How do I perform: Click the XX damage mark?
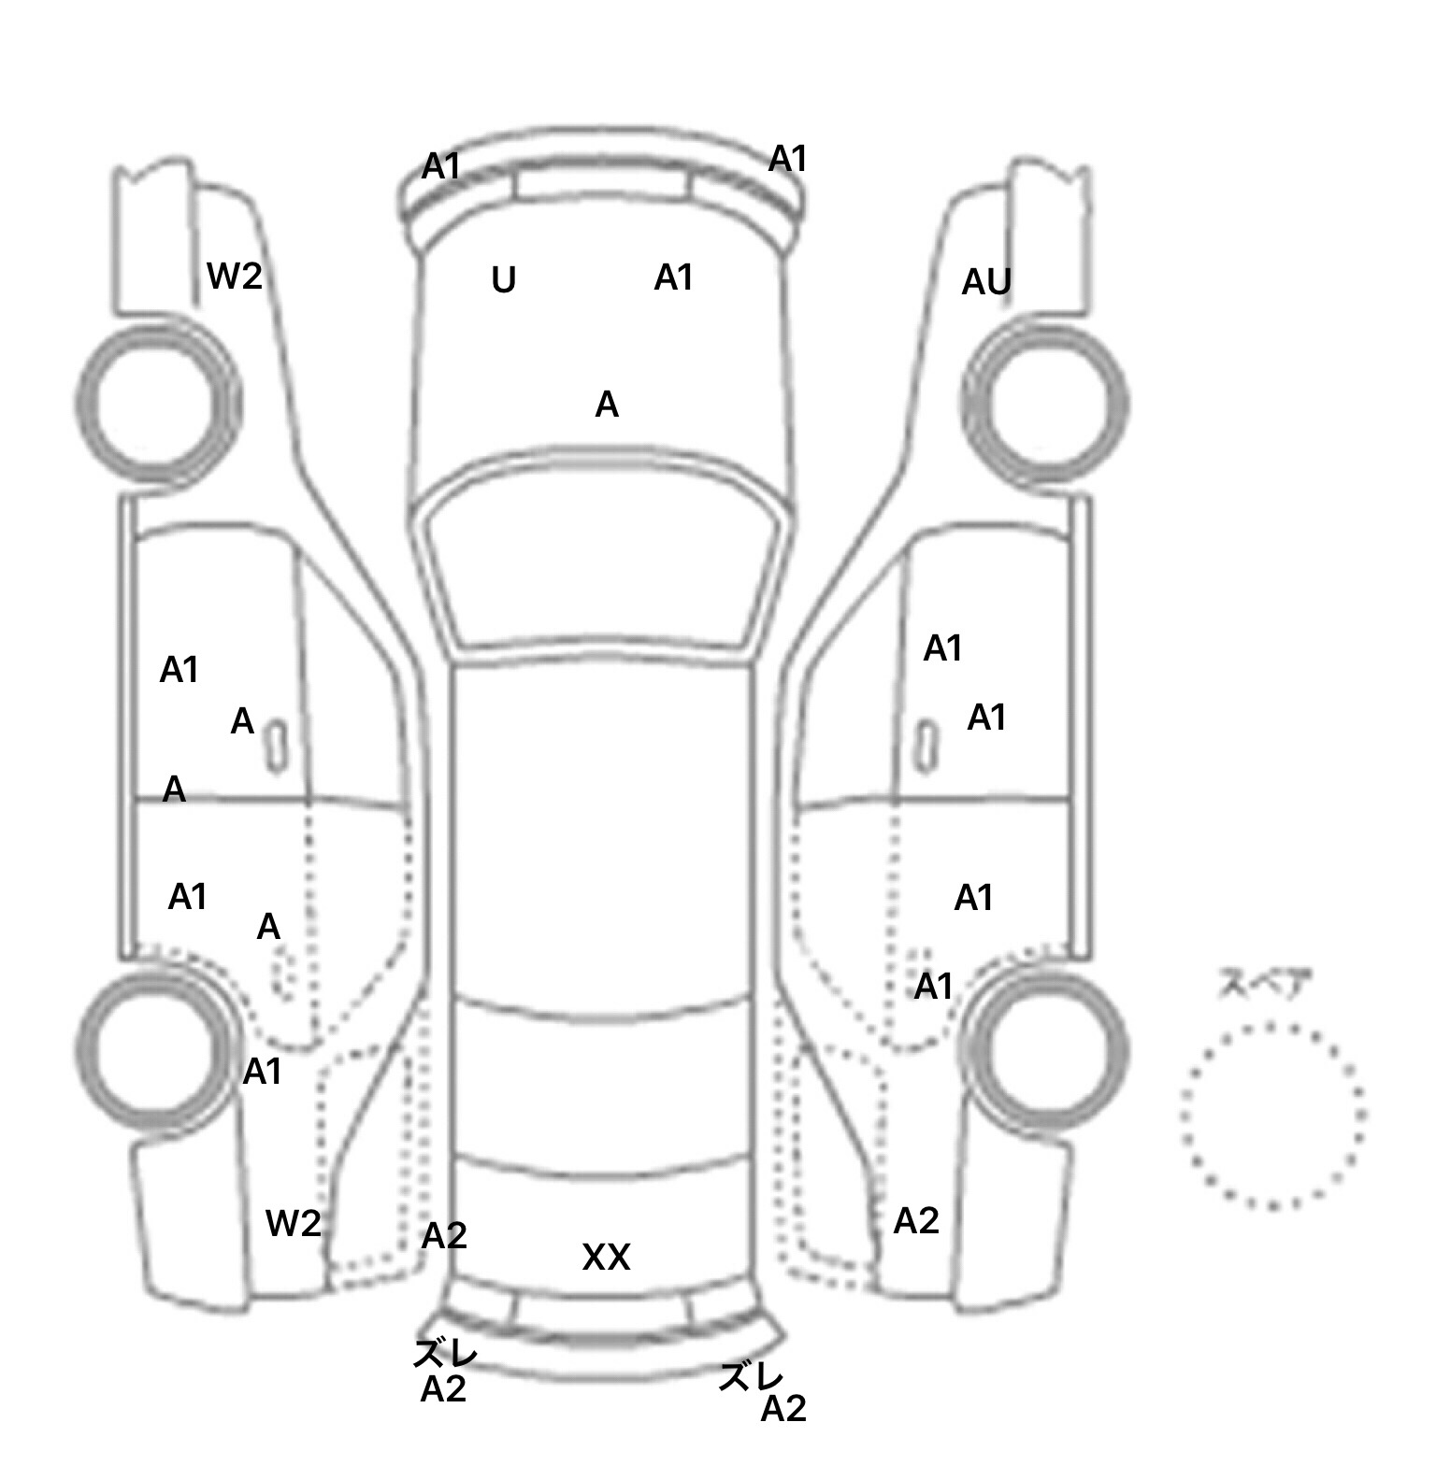pos(606,1257)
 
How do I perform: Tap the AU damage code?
pos(986,281)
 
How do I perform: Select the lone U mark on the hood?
pos(504,279)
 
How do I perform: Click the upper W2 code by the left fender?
pos(234,276)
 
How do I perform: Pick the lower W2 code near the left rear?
pos(293,1223)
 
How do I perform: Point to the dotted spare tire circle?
pos(1272,1115)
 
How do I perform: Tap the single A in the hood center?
pos(607,405)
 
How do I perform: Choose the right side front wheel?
pos(1045,402)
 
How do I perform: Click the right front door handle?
pos(926,746)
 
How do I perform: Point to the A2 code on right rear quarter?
pos(915,1220)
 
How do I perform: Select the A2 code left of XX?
pos(443,1236)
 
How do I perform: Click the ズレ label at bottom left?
pos(446,1352)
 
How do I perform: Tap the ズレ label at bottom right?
pos(750,1375)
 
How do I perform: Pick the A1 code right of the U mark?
pos(673,277)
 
